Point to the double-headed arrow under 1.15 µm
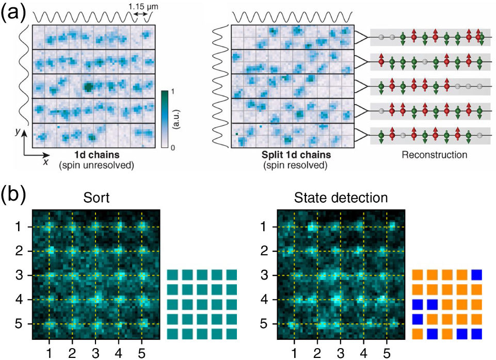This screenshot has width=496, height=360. pyautogui.click(x=140, y=17)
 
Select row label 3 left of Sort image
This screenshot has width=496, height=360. pyautogui.click(x=19, y=275)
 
